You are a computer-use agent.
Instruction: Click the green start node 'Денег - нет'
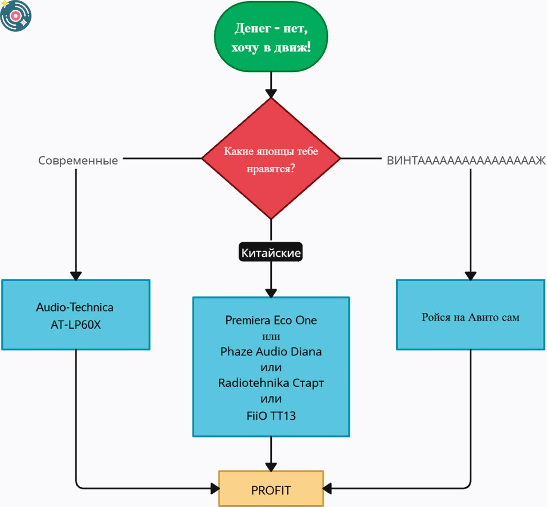coord(271,37)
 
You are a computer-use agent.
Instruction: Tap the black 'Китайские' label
coord(271,252)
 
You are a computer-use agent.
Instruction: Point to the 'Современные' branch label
coord(78,160)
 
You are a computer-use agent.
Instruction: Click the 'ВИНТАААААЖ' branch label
coord(466,160)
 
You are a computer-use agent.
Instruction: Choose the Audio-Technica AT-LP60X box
coord(76,315)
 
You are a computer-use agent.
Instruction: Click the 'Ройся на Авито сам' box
coord(471,315)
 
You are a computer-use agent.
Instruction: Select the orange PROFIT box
coord(271,489)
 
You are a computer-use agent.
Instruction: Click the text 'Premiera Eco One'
coord(271,320)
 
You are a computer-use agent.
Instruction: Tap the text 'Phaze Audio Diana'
coord(271,352)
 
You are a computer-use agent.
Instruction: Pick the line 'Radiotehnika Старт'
coord(271,383)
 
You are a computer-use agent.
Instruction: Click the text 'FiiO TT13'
coord(271,416)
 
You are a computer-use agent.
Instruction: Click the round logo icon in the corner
coord(15,16)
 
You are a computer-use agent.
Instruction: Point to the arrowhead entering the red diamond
coord(271,94)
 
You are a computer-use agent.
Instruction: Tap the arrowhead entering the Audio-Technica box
coord(76,276)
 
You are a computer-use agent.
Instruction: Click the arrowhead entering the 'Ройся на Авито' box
coord(471,276)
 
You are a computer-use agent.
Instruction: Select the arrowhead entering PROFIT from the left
coord(215,488)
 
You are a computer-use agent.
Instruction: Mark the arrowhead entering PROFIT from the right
coord(327,488)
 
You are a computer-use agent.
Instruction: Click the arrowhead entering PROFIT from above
coord(271,467)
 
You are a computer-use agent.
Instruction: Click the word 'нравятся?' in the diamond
coord(271,169)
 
